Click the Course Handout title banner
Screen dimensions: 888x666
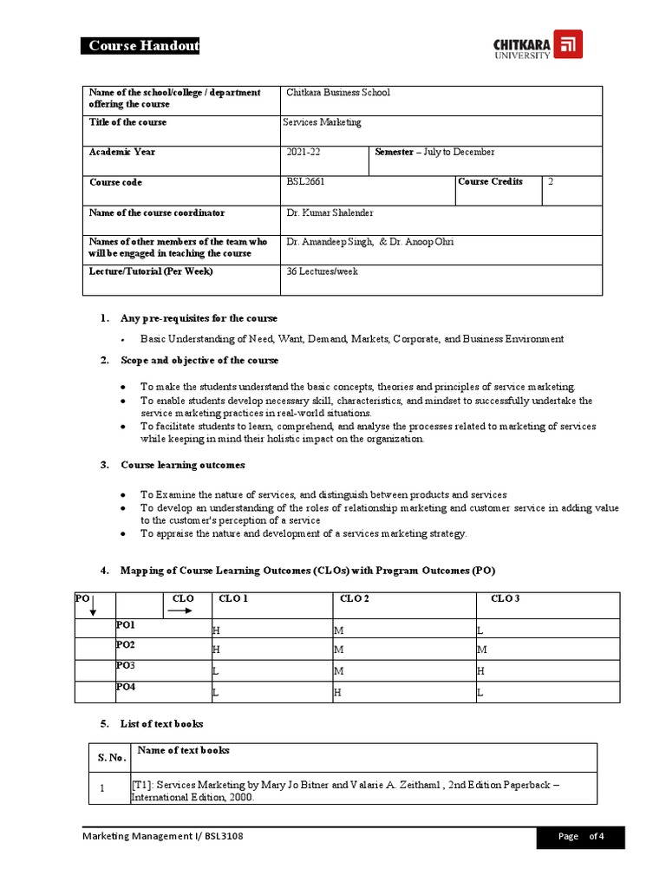(140, 47)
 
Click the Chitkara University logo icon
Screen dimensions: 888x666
(568, 44)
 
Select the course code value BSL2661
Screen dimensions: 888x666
(306, 182)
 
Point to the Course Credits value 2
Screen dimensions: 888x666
(551, 182)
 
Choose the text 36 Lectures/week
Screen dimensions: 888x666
(322, 271)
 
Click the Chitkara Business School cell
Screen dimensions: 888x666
(337, 93)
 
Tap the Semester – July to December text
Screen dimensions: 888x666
(434, 153)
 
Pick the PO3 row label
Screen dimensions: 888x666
(126, 666)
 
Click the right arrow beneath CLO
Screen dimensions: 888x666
(180, 610)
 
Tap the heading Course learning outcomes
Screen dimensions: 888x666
(182, 466)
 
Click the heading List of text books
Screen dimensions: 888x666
(161, 723)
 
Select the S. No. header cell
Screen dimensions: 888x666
(109, 758)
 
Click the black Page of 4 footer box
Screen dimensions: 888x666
(581, 837)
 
